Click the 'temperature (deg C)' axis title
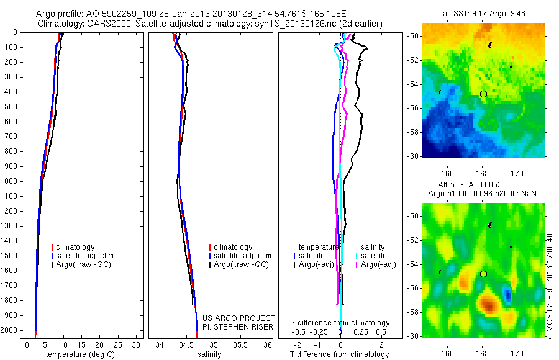78,354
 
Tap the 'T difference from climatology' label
339,354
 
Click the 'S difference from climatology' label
340,323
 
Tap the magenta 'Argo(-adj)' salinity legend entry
378,265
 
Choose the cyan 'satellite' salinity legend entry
375,256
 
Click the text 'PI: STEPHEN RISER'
238,326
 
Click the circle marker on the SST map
483,94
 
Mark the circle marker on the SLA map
483,274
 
